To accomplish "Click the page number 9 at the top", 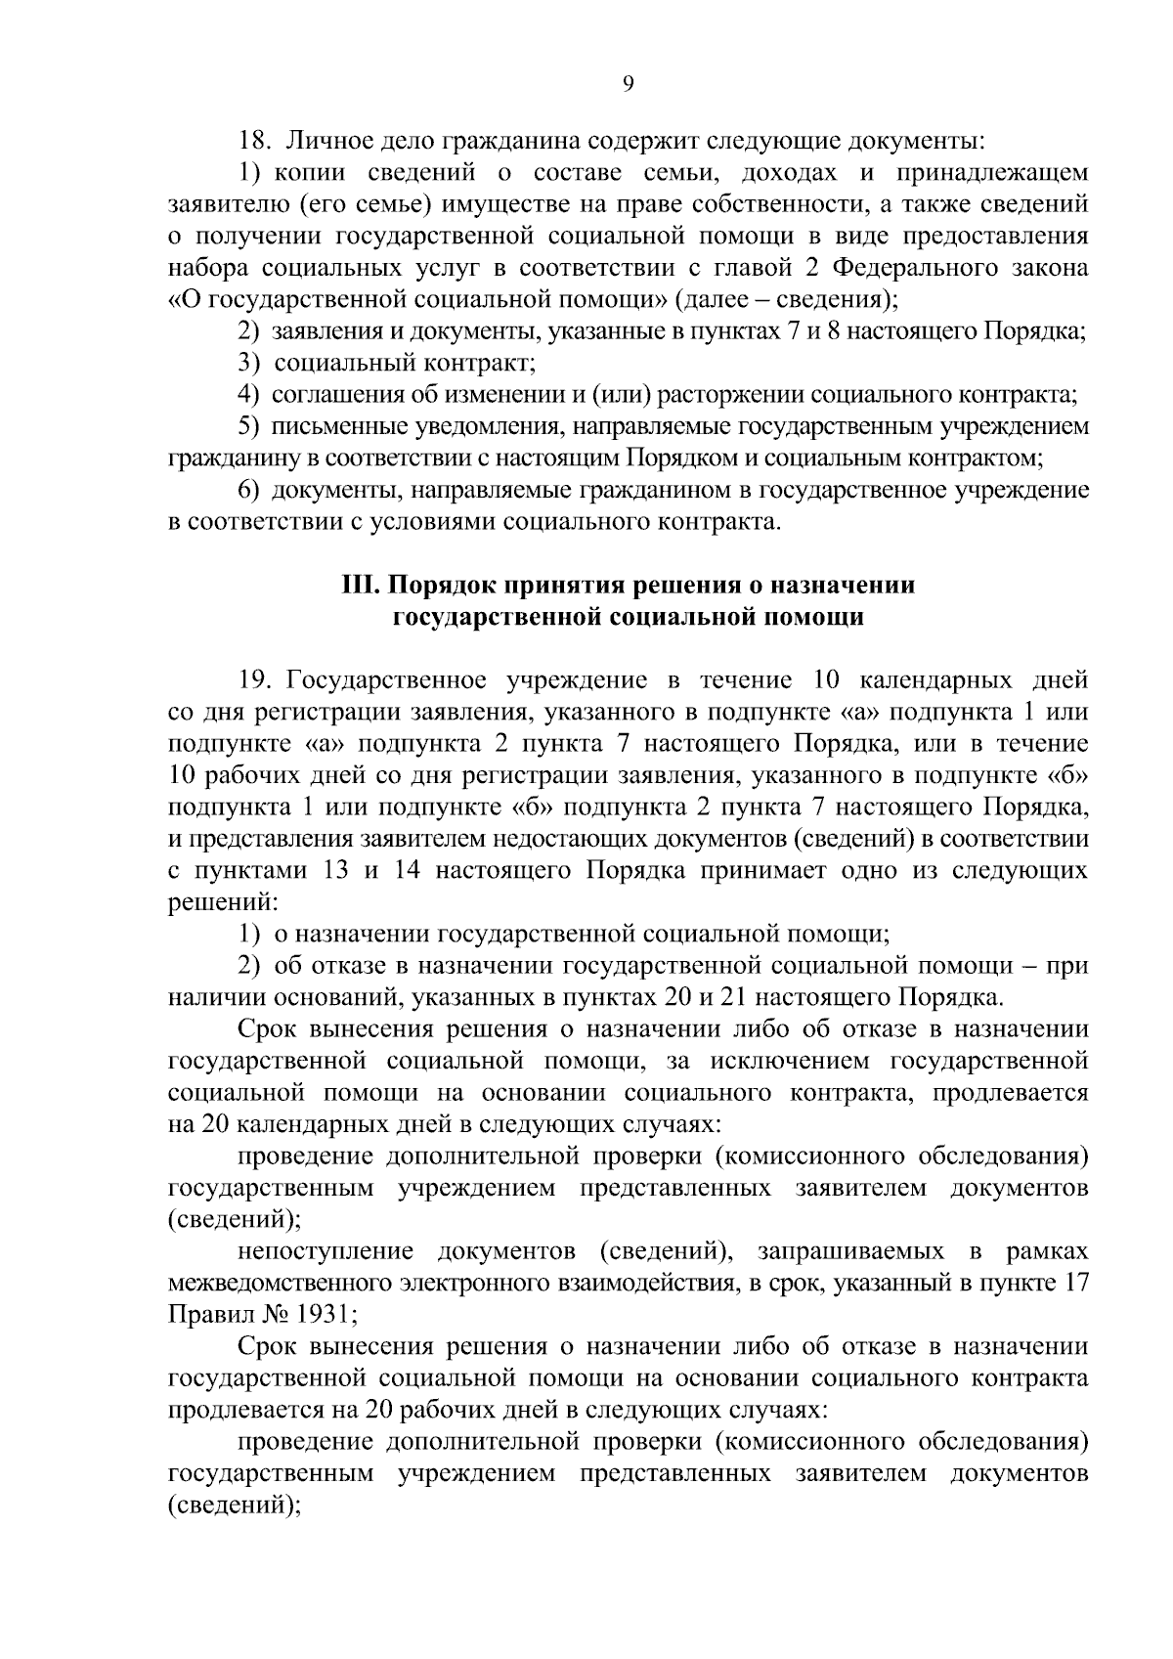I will click(629, 84).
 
